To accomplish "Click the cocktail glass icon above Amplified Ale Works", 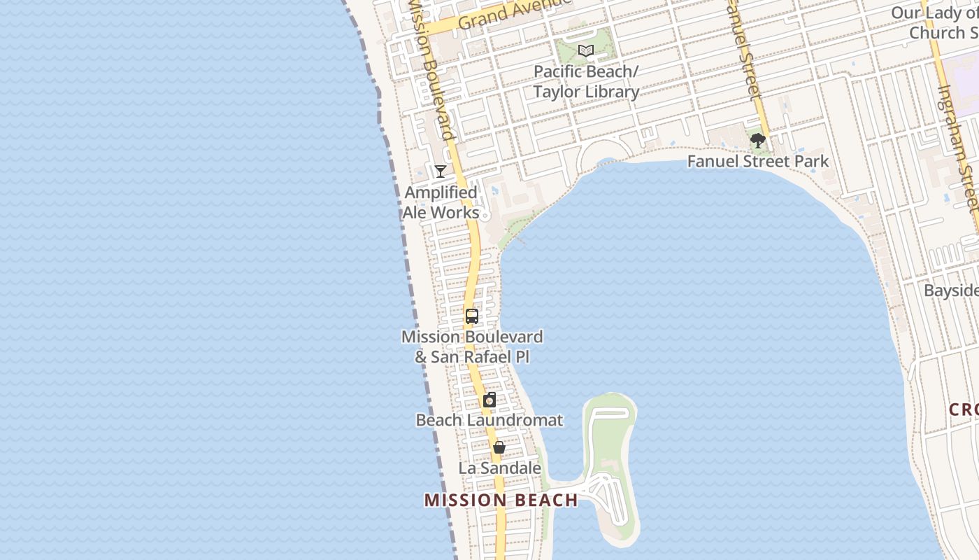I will [441, 171].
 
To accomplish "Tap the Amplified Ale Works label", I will [441, 202].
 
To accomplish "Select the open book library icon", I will [586, 50].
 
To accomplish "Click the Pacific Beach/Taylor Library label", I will [586, 82].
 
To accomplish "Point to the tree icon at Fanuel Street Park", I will [757, 141].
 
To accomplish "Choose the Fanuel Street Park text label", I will [757, 162].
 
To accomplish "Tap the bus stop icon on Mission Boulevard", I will [472, 316].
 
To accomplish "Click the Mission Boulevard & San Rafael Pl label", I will [472, 346].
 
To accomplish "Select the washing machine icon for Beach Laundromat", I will [489, 400].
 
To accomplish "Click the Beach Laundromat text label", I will [489, 421].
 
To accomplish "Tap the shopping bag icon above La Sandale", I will [499, 447].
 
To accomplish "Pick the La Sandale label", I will [500, 468].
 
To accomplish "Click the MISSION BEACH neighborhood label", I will [501, 500].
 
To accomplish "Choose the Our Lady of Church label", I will [934, 22].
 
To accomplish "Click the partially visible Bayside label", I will [951, 290].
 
